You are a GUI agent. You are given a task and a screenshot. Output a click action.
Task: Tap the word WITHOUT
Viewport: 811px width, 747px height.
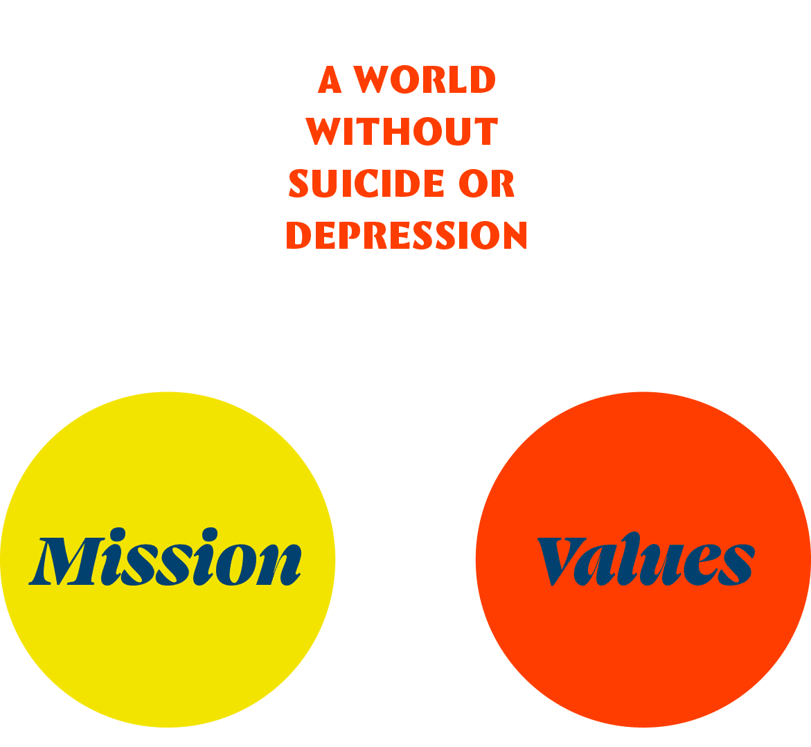pyautogui.click(x=402, y=132)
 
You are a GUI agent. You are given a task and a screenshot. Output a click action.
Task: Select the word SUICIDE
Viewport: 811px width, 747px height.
pyautogui.click(x=366, y=184)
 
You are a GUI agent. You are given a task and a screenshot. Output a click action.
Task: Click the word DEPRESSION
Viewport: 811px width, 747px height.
pyautogui.click(x=407, y=236)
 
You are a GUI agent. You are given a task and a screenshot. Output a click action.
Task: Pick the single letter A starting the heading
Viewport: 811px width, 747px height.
pyautogui.click(x=330, y=80)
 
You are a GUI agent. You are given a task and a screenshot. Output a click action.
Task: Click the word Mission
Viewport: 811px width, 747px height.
pyautogui.click(x=165, y=561)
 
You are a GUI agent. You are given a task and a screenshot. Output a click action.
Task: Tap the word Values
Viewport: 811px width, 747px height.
pyautogui.click(x=645, y=561)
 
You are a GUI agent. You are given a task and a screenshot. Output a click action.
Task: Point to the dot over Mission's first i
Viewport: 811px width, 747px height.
pyautogui.click(x=118, y=534)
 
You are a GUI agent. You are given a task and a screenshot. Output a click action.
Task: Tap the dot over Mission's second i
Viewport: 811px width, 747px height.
pyautogui.click(x=209, y=534)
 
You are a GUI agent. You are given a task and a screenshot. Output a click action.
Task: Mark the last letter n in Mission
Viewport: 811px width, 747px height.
pyautogui.click(x=280, y=565)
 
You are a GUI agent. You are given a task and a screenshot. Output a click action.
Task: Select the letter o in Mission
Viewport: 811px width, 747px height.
pyautogui.click(x=237, y=565)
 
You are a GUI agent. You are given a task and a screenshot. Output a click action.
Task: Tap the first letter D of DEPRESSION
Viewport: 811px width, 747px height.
pyautogui.click(x=299, y=236)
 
